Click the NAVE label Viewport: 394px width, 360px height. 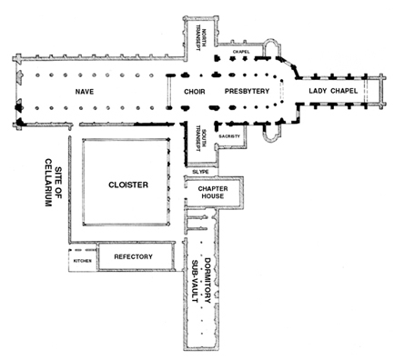85,92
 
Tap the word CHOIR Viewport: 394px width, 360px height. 195,92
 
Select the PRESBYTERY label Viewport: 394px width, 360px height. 247,91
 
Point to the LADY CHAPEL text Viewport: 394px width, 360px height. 333,91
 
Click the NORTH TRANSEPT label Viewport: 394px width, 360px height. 201,39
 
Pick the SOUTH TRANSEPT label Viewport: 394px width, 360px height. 201,137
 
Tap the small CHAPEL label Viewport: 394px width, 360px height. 241,52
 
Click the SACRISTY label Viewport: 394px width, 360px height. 229,136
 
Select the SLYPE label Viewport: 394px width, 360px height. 200,172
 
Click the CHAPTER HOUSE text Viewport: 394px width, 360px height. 213,193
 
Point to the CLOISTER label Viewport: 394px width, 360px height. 128,185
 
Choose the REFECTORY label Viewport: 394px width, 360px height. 133,256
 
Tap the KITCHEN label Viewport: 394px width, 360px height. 83,261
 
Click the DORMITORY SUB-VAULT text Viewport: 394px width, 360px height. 201,281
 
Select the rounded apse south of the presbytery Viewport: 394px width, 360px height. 272,134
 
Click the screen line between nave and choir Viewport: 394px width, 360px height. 168,91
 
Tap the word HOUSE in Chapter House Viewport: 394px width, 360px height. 213,196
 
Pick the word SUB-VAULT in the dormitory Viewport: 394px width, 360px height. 195,282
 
